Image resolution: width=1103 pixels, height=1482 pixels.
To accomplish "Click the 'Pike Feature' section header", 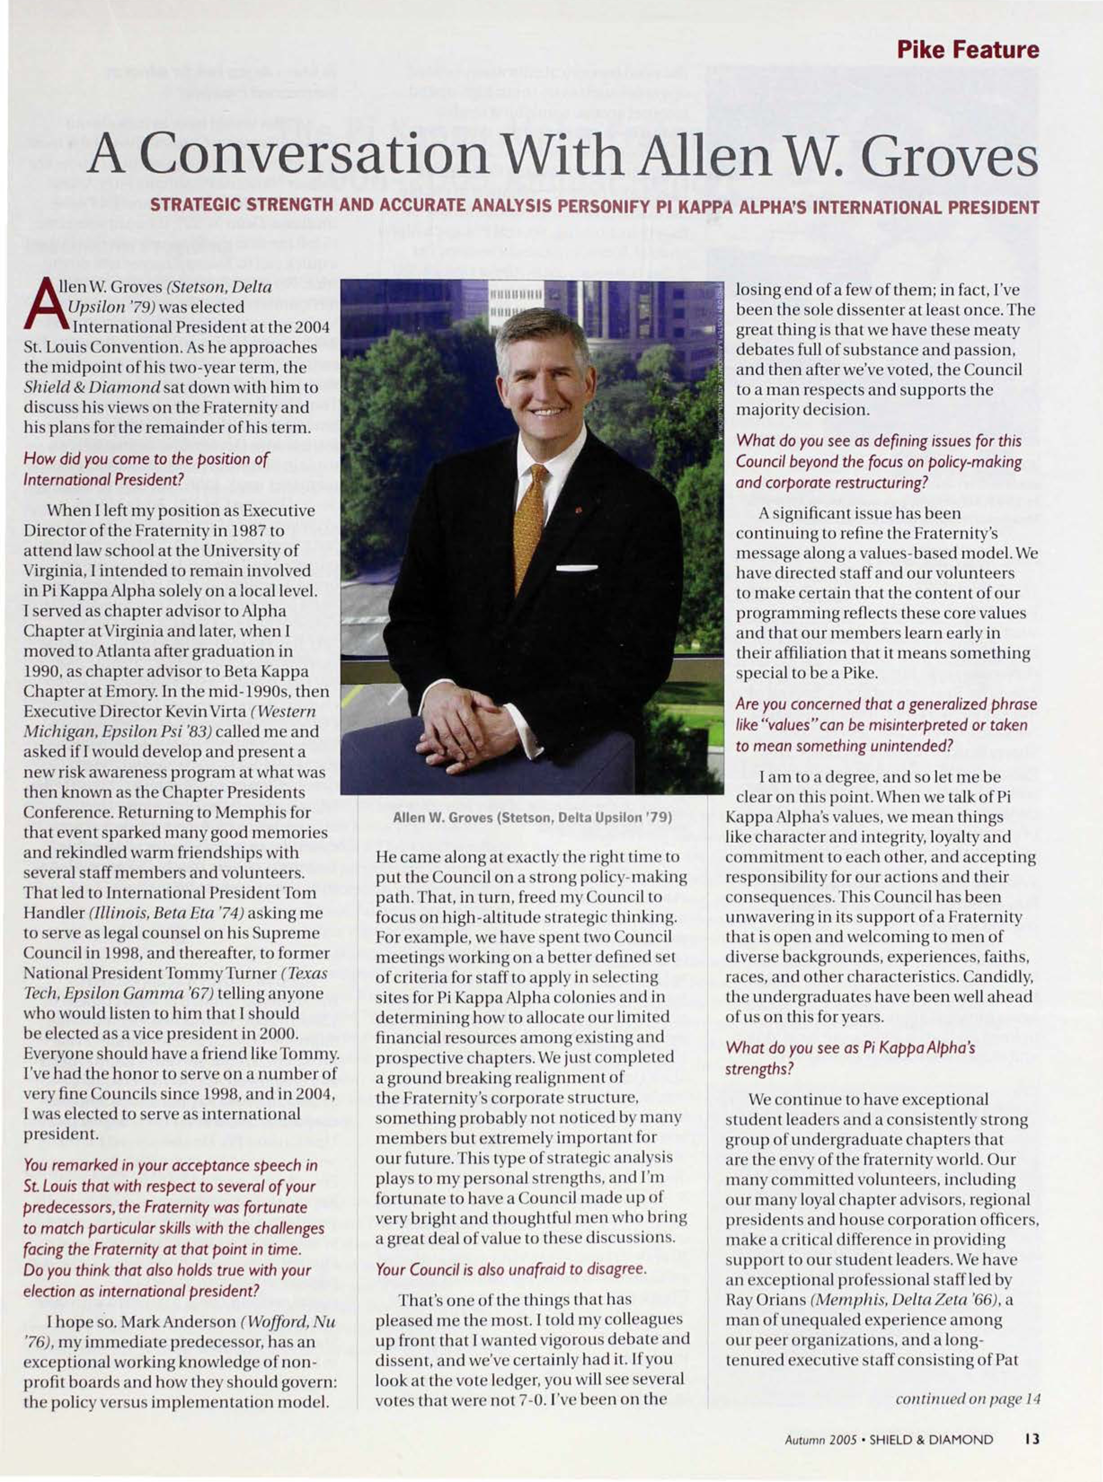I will point(967,50).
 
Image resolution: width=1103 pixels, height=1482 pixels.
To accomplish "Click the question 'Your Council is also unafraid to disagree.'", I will point(511,1269).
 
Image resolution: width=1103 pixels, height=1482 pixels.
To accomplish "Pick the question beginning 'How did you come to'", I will point(146,469).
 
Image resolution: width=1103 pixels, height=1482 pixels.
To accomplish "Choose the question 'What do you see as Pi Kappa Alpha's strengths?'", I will point(850,1058).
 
